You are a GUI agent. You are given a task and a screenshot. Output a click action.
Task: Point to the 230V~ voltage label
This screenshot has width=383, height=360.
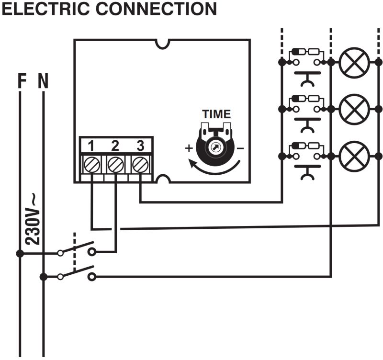pos(33,218)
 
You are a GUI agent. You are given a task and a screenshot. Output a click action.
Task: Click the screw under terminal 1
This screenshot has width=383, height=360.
pos(91,164)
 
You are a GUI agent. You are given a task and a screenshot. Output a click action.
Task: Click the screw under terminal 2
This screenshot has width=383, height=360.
pos(115,164)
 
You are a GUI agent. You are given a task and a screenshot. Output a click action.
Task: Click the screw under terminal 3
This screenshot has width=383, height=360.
pos(140,164)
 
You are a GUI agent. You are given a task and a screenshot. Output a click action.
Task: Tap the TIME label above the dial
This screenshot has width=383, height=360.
pos(216,114)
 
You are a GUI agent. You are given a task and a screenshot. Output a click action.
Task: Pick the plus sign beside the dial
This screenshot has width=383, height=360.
pos(189,148)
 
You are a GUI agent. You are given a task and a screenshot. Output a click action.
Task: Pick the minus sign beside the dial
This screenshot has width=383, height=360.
pos(240,148)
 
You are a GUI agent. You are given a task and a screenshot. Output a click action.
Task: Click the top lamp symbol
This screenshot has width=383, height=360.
pos(354,62)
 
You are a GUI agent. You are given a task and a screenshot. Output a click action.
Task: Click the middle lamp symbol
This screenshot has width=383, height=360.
pos(354,110)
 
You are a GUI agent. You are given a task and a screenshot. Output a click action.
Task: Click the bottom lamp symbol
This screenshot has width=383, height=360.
pos(354,157)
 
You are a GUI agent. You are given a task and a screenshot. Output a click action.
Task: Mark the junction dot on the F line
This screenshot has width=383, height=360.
pos(20,253)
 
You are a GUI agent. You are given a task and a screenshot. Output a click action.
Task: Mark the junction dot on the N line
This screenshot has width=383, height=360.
pos(44,277)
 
